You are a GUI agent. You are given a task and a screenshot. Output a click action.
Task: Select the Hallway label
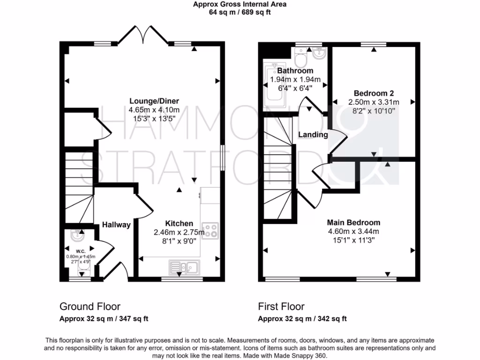point(116,225)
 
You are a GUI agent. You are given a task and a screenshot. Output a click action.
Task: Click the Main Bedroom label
point(353,223)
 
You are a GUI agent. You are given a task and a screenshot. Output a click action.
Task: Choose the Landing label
point(313,135)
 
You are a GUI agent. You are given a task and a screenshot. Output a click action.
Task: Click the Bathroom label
point(295,71)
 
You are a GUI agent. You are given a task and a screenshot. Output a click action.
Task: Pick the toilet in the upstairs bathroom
point(300,58)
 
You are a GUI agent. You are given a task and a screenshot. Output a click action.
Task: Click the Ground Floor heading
point(90,307)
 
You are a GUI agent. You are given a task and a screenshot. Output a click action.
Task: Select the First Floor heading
point(281,307)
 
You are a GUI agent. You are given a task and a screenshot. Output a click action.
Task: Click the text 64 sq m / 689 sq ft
point(240,13)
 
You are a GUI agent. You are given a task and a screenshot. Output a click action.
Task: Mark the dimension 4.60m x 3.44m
point(353,231)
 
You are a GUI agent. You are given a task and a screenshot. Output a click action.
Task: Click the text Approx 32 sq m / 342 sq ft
point(302,319)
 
